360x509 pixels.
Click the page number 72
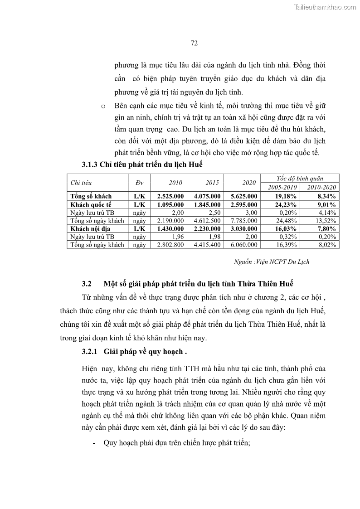pos(194,44)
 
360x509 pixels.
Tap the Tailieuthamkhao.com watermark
pos(325,7)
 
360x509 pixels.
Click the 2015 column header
pos(212,183)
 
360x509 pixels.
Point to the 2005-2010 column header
pos(282,187)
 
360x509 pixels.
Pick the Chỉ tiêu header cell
pos(81,183)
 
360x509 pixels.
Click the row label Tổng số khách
pos(91,196)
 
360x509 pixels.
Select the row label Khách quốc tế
pos(91,204)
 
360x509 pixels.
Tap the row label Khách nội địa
pos(91,229)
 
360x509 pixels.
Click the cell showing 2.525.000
pos(170,196)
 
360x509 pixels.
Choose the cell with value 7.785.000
pos(243,221)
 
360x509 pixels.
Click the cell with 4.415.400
pos(207,245)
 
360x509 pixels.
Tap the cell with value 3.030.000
pos(243,229)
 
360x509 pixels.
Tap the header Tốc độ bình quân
pos(300,179)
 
